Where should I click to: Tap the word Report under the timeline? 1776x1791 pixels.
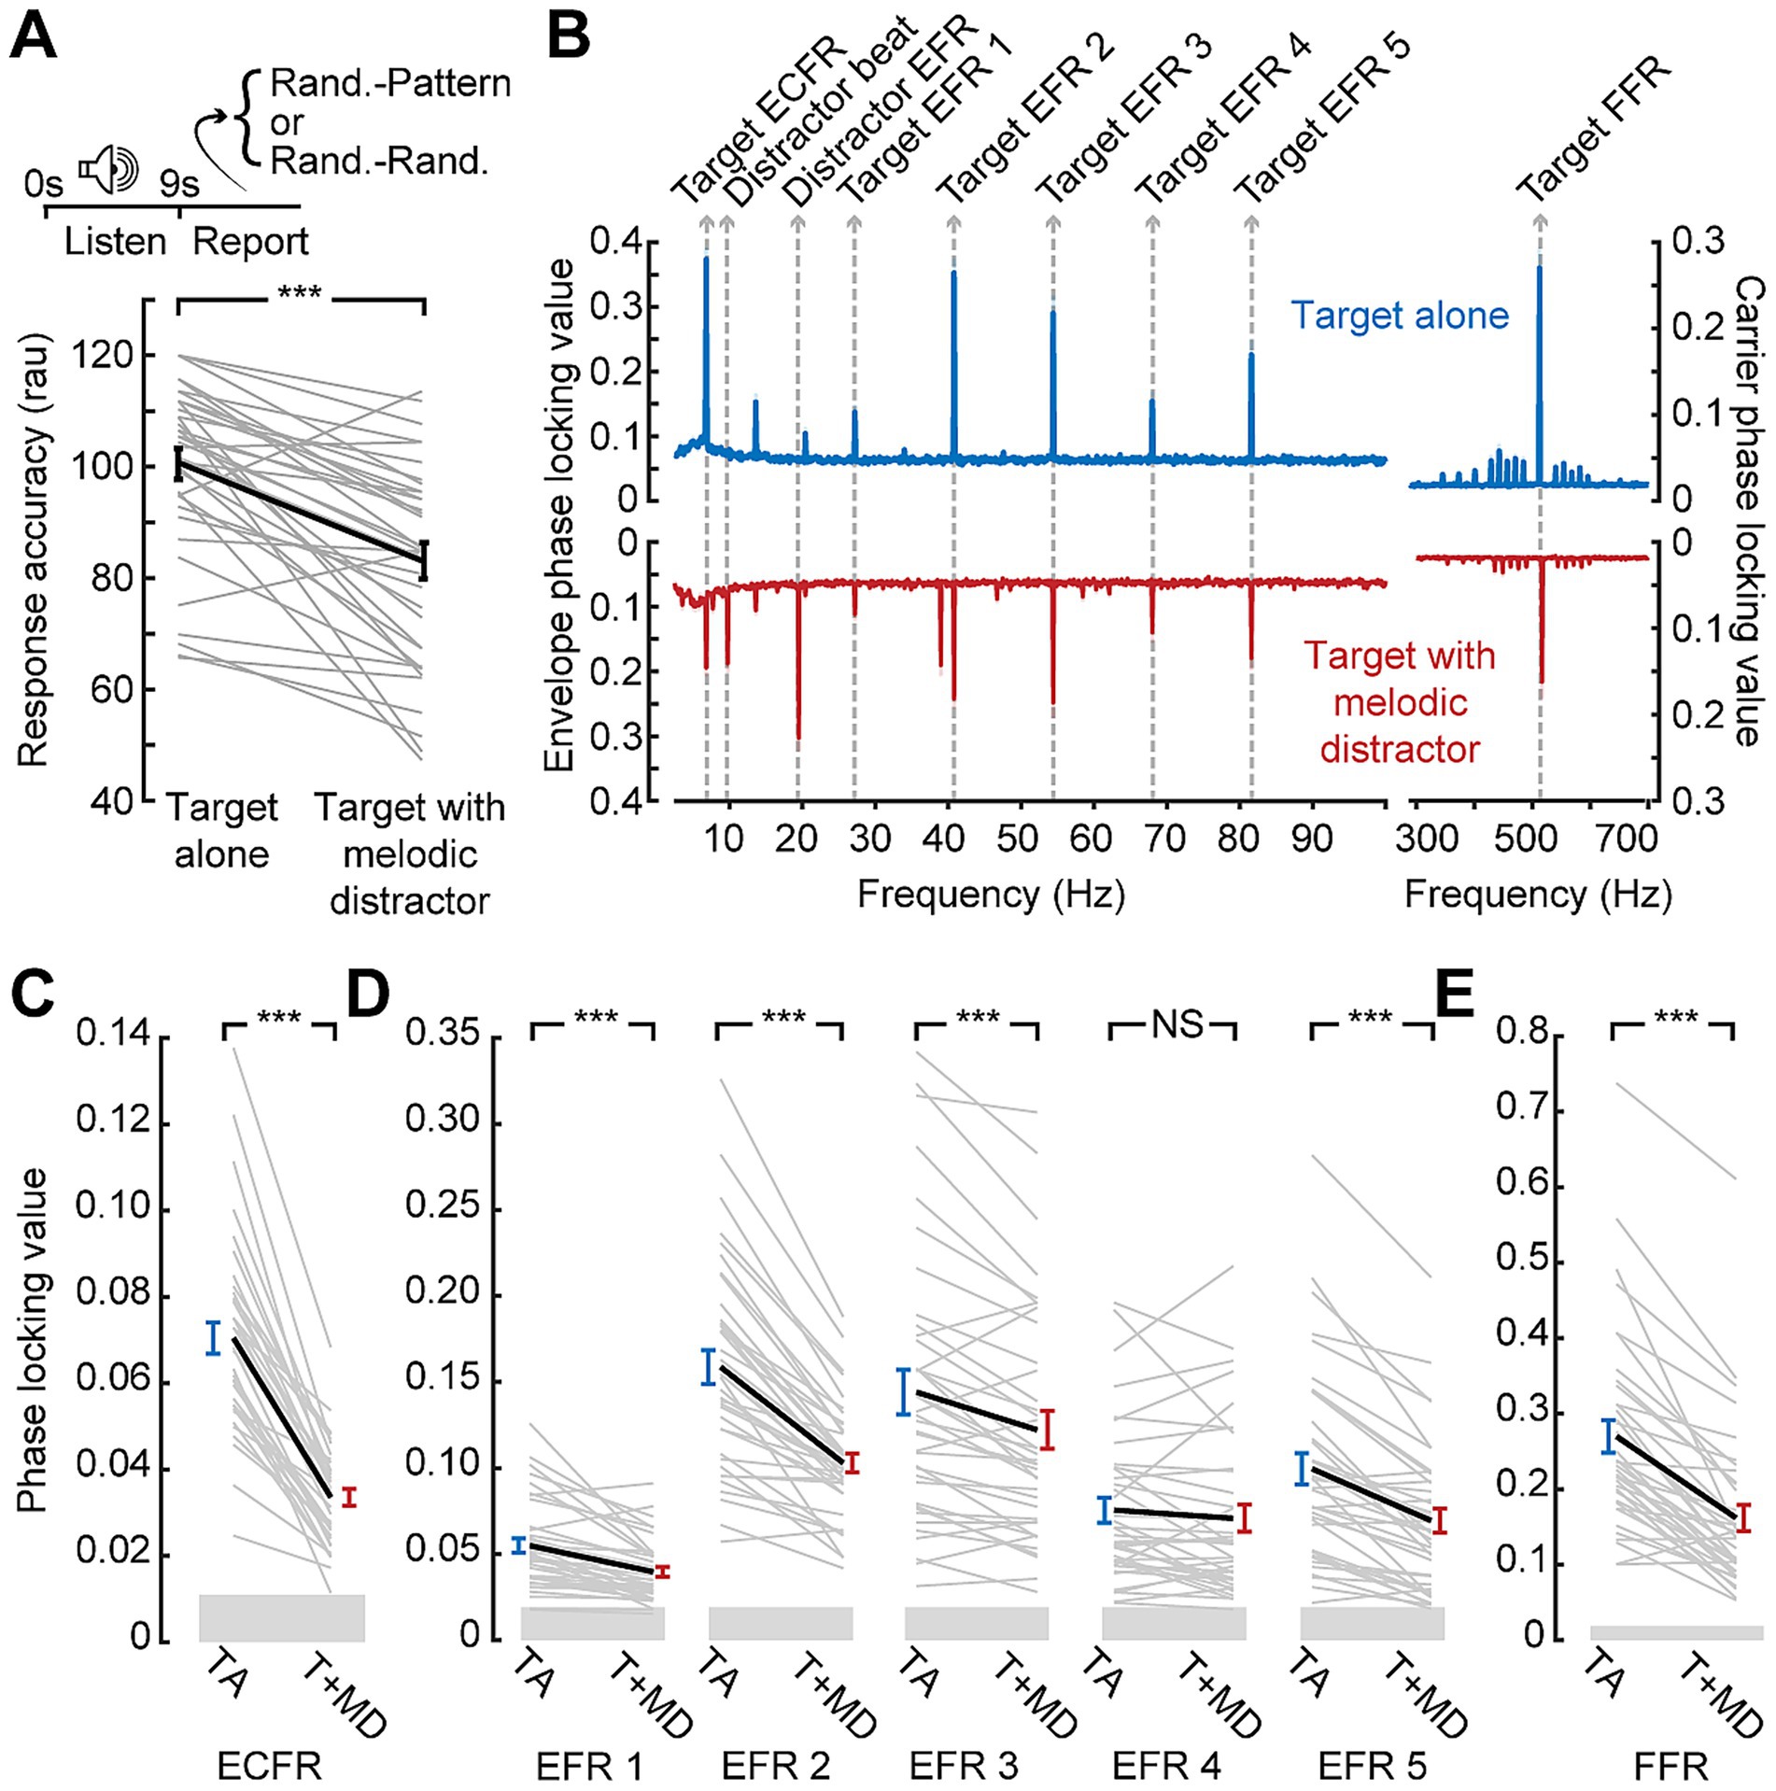point(249,242)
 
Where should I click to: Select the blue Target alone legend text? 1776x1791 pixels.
point(1399,316)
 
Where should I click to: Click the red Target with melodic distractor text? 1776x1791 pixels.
point(1400,702)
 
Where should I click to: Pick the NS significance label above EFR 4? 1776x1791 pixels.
point(1177,1024)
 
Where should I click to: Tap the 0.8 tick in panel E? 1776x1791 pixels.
point(1522,1032)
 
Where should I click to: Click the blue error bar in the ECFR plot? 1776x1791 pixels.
point(213,1337)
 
